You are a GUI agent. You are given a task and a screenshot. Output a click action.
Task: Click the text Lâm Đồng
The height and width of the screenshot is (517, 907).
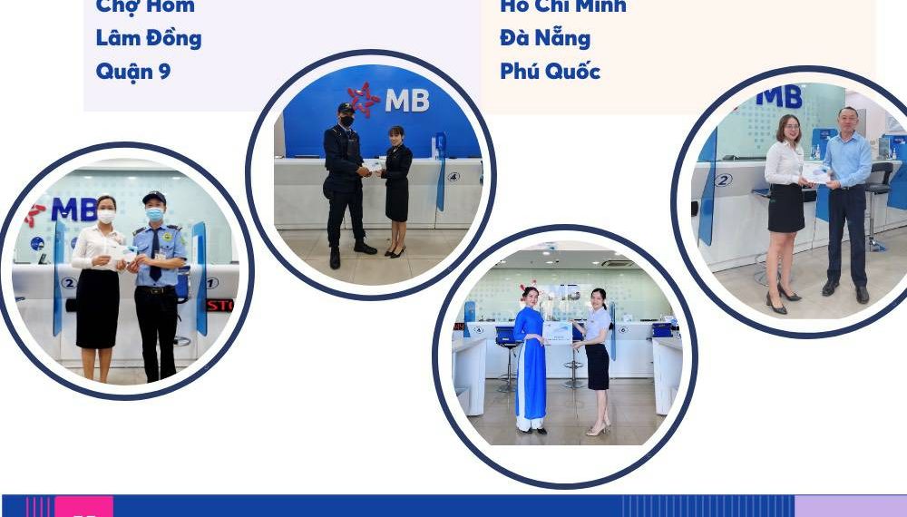[149, 39]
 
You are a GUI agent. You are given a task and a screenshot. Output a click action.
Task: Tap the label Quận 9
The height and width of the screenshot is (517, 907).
[133, 72]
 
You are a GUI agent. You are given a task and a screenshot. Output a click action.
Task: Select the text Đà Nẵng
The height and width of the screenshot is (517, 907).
[545, 39]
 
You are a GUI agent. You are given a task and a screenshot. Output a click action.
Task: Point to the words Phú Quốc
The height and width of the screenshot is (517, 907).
[550, 72]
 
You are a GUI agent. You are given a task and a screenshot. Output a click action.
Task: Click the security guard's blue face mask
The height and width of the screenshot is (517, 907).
[154, 215]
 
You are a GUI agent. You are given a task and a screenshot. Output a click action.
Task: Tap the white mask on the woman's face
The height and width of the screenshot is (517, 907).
[106, 217]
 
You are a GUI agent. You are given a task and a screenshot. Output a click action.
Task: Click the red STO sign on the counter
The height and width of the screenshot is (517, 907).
[219, 306]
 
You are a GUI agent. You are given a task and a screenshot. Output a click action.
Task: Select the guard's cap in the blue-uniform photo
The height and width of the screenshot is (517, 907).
[154, 198]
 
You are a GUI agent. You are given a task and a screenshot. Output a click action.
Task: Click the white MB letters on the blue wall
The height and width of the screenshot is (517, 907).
[407, 101]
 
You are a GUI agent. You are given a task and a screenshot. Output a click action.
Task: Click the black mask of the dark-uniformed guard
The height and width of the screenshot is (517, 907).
[346, 121]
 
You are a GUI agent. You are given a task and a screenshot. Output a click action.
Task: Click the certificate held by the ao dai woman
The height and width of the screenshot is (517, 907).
[558, 332]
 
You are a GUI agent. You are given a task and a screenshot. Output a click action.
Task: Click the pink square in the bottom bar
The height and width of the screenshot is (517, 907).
[83, 507]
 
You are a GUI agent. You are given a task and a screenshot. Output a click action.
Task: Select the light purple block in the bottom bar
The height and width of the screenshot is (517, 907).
[850, 506]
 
